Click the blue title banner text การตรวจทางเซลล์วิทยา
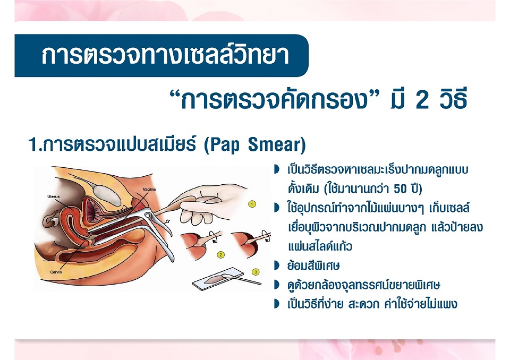165,56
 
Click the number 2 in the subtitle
422,100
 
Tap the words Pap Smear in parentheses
254,145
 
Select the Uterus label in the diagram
53,196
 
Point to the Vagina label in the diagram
149,189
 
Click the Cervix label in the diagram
56,272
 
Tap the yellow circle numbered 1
252,204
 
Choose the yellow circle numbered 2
221,255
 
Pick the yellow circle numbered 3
256,272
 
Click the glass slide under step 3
217,279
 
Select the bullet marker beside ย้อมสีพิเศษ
277,265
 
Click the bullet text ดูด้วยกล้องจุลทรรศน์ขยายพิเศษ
363,285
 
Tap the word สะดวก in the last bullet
363,304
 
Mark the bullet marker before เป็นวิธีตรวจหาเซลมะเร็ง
277,169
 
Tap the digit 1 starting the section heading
32,145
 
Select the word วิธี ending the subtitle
453,99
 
